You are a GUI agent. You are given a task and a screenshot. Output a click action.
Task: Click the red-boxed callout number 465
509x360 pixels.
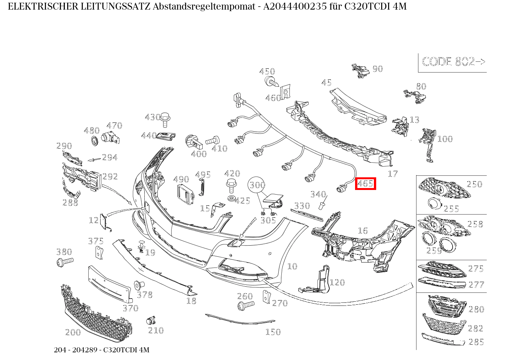365,184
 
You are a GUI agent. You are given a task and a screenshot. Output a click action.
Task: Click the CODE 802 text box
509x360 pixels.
453,62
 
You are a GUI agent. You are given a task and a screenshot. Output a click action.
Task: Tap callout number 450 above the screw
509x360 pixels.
267,71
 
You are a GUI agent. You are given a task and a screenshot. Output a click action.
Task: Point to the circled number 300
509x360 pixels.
257,185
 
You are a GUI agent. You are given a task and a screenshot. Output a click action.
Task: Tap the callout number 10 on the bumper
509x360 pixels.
292,266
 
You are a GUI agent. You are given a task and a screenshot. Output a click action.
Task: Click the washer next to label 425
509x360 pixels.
231,198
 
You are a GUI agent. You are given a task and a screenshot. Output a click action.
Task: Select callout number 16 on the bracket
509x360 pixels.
362,230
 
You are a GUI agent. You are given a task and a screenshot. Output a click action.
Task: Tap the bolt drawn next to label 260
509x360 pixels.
245,306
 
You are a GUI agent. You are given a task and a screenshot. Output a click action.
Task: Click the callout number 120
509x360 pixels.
337,282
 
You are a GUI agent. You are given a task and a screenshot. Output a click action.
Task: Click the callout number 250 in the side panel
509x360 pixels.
474,184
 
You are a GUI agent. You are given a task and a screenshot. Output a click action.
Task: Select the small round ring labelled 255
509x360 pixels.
434,203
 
